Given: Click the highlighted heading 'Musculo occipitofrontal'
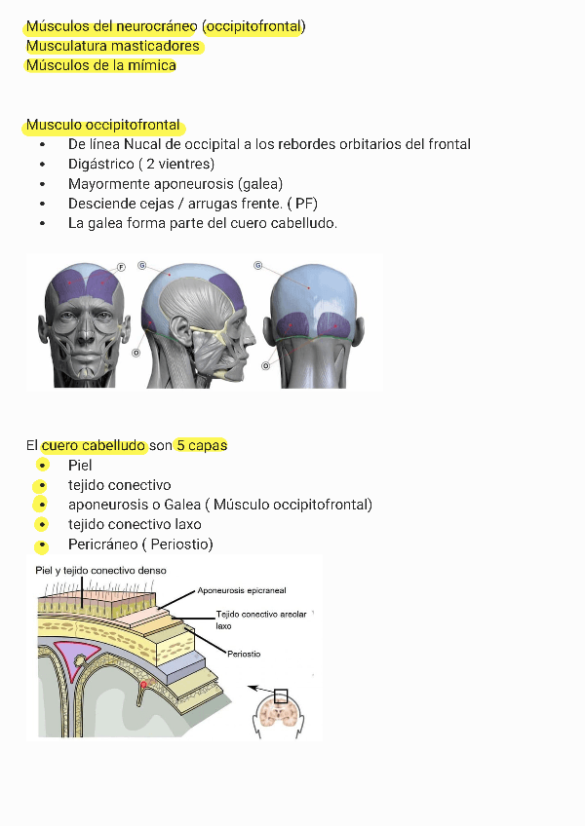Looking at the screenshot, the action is pos(103,125).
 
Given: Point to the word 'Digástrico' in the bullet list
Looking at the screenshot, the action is pos(100,164).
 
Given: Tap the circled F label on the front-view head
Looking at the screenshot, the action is pos(122,266).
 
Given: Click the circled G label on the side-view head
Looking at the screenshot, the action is pos(142,265).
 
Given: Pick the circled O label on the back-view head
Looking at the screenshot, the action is pos(265,365).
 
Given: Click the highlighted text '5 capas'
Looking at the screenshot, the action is pos(202,445).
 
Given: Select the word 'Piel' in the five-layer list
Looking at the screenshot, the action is pos(80,466).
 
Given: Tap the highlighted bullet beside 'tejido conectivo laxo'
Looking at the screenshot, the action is pos(41,525).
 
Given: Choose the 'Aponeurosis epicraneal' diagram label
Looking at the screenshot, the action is pos(242,590).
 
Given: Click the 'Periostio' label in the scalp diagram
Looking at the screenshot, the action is pos(244,654).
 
